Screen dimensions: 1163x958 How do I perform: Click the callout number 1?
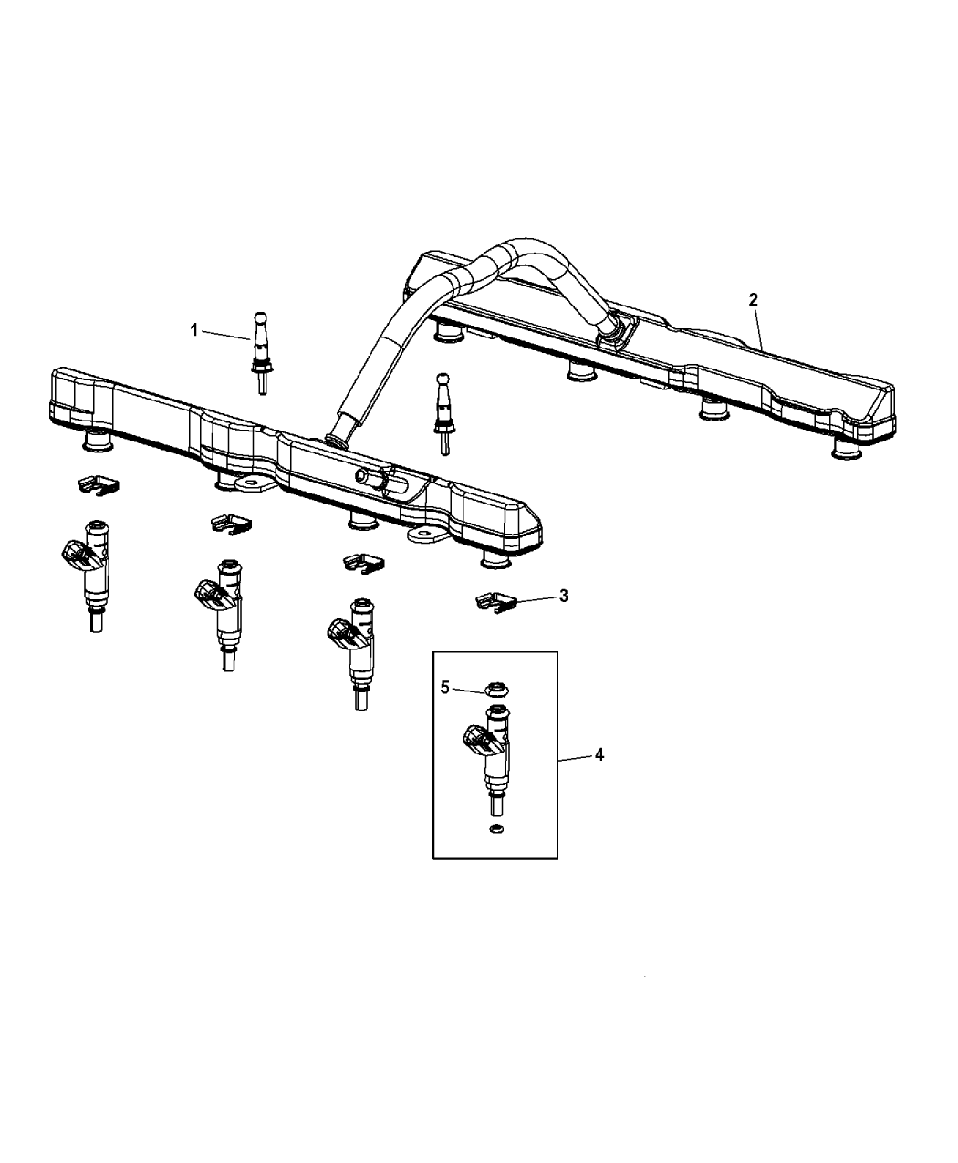click(x=193, y=330)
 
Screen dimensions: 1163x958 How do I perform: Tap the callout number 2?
click(x=753, y=300)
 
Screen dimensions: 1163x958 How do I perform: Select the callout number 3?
click(x=563, y=596)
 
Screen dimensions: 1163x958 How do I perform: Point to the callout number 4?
click(x=599, y=754)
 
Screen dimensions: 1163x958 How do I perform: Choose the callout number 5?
click(x=445, y=687)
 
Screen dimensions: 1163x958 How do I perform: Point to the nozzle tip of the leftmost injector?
click(x=96, y=622)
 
